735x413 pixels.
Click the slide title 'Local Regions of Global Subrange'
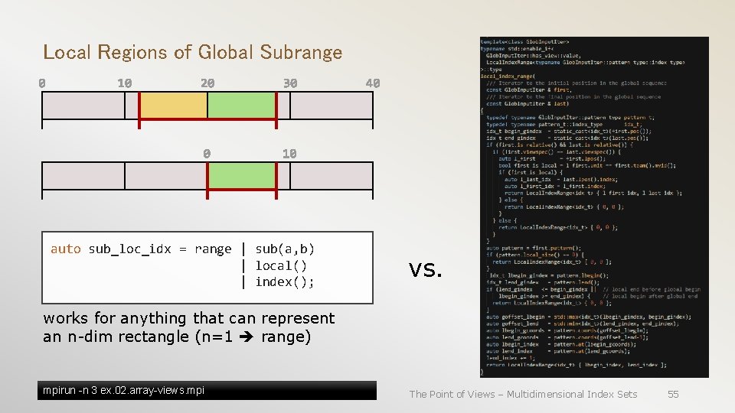[192, 53]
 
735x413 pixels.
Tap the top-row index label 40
[372, 83]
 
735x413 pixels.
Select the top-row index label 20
[207, 83]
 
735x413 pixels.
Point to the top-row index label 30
[289, 83]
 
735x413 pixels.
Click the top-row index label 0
[42, 83]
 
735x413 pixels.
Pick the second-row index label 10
[289, 154]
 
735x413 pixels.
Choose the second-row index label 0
[207, 154]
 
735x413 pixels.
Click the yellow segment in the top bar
[173, 106]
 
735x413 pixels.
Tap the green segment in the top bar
[240, 106]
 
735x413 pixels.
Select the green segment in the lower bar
[240, 176]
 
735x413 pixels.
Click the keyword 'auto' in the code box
[65, 249]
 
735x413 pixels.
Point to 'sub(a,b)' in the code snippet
[285, 249]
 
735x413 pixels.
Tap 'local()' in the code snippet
[281, 266]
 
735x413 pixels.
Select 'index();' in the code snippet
[285, 282]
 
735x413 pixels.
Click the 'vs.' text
[426, 268]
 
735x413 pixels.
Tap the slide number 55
[673, 394]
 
